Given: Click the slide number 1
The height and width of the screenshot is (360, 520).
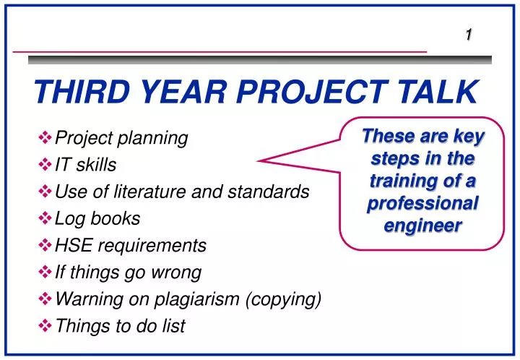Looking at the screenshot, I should pyautogui.click(x=469, y=34).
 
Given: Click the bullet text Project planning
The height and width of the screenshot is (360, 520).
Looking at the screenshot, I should pyautogui.click(x=121, y=138).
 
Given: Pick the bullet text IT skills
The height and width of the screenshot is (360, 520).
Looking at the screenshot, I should pyautogui.click(x=85, y=166).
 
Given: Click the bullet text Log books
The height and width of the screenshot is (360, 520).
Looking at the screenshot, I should pyautogui.click(x=97, y=218).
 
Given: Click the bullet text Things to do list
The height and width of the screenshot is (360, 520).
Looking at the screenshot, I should pyautogui.click(x=120, y=326).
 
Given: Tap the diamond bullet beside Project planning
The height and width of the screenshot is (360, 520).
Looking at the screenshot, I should pyautogui.click(x=45, y=137).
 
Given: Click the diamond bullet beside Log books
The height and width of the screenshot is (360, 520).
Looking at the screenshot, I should pyautogui.click(x=45, y=218).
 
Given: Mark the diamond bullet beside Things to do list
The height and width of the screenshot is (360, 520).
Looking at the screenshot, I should pyautogui.click(x=45, y=326).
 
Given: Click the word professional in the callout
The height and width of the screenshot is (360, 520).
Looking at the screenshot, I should pyautogui.click(x=422, y=203).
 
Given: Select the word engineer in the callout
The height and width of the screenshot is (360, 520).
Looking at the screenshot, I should pyautogui.click(x=422, y=226).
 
